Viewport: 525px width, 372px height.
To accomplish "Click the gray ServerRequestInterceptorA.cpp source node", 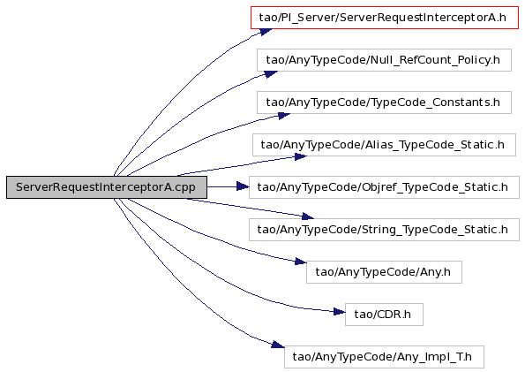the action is (107, 186).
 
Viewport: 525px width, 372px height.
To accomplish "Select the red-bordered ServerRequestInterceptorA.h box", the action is (385, 17).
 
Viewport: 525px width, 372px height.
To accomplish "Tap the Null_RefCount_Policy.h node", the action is (384, 60).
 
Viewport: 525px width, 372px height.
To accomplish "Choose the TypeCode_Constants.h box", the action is (384, 102).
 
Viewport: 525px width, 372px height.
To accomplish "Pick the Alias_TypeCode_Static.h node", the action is (384, 145).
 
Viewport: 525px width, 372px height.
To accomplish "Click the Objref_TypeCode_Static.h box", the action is (384, 186).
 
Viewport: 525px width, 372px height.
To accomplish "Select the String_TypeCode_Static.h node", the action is (384, 230).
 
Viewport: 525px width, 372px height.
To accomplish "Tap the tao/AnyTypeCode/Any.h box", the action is (384, 271).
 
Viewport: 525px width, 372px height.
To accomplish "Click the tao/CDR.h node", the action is (384, 315).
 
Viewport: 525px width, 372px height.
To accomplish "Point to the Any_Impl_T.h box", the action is (384, 357).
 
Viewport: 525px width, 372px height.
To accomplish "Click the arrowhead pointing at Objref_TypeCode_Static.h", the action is (243, 186).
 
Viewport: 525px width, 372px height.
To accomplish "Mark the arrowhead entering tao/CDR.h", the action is (339, 312).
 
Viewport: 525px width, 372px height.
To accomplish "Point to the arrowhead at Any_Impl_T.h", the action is (278, 344).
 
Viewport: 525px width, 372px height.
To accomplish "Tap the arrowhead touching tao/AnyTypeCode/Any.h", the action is (301, 262).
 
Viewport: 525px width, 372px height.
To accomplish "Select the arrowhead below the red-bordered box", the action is (266, 32).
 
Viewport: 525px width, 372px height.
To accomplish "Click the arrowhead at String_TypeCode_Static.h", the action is (308, 216).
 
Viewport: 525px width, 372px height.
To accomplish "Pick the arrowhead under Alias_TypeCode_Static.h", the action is (301, 156).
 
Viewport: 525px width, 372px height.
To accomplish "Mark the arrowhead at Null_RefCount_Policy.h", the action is (271, 74).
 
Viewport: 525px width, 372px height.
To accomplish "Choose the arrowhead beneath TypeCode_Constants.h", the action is (284, 116).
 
